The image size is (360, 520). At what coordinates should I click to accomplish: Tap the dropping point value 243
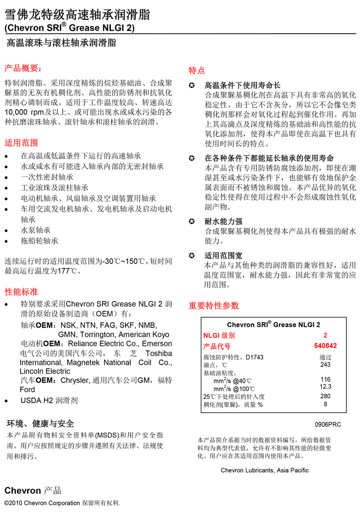(x=325, y=364)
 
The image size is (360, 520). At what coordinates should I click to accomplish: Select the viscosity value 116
(x=325, y=379)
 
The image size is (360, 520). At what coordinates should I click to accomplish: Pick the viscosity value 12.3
(x=325, y=387)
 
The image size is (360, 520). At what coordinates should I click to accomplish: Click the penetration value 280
(x=325, y=396)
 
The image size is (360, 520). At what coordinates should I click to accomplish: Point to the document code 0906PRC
(x=328, y=424)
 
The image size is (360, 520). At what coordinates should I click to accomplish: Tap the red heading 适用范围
(x=21, y=143)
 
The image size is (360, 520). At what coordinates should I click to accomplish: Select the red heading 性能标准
(x=21, y=291)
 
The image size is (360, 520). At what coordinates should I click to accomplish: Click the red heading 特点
(x=196, y=71)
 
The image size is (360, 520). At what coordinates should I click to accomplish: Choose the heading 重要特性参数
(x=214, y=306)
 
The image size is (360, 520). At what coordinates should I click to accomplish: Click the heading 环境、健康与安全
(x=40, y=424)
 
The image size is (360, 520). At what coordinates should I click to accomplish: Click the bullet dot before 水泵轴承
(x=6, y=231)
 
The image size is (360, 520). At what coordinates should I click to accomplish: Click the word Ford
(x=27, y=390)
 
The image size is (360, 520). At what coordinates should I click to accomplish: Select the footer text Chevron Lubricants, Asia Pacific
(x=264, y=470)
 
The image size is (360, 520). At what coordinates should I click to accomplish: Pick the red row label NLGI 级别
(x=219, y=336)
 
